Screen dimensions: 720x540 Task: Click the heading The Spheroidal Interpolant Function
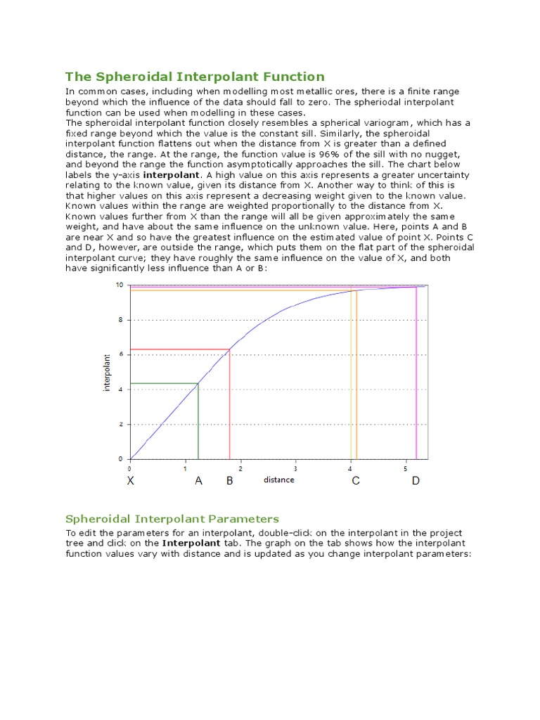pos(195,77)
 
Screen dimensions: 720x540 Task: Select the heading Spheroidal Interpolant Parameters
pos(172,519)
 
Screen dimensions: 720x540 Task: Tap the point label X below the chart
pos(130,482)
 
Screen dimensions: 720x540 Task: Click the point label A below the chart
pos(198,482)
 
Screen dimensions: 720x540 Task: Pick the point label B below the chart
pos(229,482)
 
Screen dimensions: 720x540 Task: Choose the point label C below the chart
pos(356,482)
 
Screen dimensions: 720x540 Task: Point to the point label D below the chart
pos(416,482)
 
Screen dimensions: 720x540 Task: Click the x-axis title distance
pos(279,480)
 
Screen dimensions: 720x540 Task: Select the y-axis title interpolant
pos(107,372)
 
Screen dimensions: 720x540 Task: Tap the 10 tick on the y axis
pos(120,285)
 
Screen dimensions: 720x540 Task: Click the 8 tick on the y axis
pos(121,319)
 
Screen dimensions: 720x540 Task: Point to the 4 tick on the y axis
pos(121,390)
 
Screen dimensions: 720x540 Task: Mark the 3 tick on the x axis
pos(295,468)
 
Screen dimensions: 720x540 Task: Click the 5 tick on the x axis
pos(406,468)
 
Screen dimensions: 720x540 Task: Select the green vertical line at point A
pos(198,422)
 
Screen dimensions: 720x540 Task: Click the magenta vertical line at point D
pos(416,373)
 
